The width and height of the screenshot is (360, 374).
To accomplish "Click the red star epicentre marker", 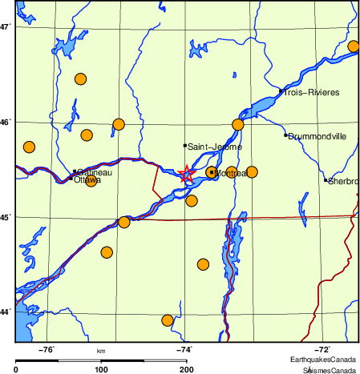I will [186, 173].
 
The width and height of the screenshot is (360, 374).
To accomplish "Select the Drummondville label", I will [318, 136].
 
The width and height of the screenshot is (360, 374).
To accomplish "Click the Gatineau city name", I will [95, 172].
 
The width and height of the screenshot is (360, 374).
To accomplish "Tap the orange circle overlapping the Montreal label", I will [212, 172].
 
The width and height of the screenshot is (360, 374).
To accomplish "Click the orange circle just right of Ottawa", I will [91, 182].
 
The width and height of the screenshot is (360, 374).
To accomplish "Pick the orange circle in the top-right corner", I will [354, 46].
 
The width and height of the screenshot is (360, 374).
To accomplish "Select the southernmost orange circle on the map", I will [168, 320].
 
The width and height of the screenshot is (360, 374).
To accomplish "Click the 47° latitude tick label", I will [6, 27].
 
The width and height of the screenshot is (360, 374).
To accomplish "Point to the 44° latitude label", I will [6, 312].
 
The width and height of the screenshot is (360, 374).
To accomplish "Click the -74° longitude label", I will [184, 349].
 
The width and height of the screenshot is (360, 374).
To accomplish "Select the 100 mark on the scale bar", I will [101, 369].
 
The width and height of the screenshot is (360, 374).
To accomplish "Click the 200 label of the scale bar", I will [186, 369].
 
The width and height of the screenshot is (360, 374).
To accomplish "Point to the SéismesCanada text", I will [329, 370].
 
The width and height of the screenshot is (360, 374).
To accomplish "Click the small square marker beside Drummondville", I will [285, 135].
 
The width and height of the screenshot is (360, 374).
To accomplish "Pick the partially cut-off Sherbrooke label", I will [342, 181].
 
